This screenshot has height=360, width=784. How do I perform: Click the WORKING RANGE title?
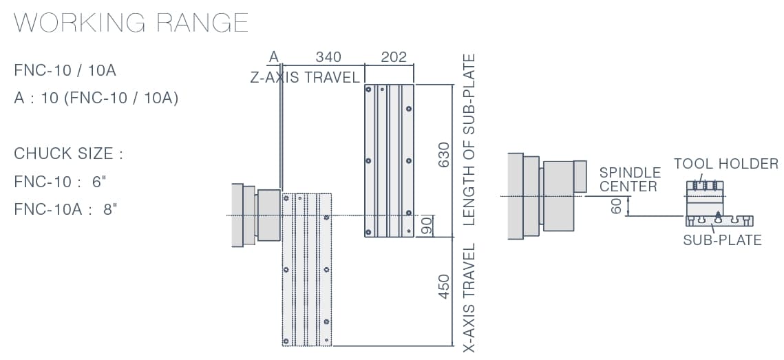coord(131,23)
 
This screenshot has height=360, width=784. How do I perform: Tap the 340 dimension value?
coord(328,57)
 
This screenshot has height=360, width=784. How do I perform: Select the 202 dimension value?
coord(394,57)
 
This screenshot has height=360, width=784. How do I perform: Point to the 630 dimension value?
coord(443,155)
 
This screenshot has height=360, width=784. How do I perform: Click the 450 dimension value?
coord(443,286)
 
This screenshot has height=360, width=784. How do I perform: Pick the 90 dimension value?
coord(427,226)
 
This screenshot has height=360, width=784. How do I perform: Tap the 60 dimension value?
coord(617,206)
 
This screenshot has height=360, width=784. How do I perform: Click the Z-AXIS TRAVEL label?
coord(305,78)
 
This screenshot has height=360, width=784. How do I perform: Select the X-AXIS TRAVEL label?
coord(469,298)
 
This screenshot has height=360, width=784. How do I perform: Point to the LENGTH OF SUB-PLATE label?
coord(469,140)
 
